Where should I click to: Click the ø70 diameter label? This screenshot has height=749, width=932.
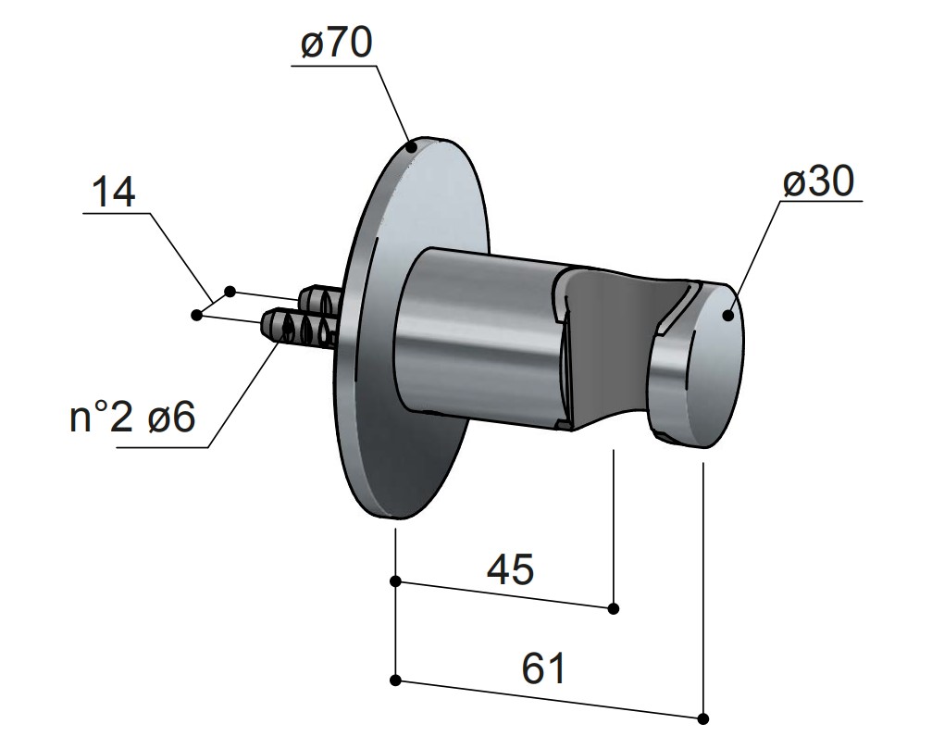[336, 44]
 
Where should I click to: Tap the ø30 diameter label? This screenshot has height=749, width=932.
[818, 181]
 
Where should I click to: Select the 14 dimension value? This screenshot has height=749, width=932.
[114, 192]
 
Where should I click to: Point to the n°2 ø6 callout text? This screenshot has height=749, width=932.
[132, 418]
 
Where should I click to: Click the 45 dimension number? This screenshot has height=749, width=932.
[511, 568]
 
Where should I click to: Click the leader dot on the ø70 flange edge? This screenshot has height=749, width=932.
[411, 146]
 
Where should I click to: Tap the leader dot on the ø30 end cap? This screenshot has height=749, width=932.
[728, 315]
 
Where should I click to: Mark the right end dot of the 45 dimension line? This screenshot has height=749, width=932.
[614, 608]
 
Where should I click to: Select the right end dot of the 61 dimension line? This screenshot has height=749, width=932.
[703, 719]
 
